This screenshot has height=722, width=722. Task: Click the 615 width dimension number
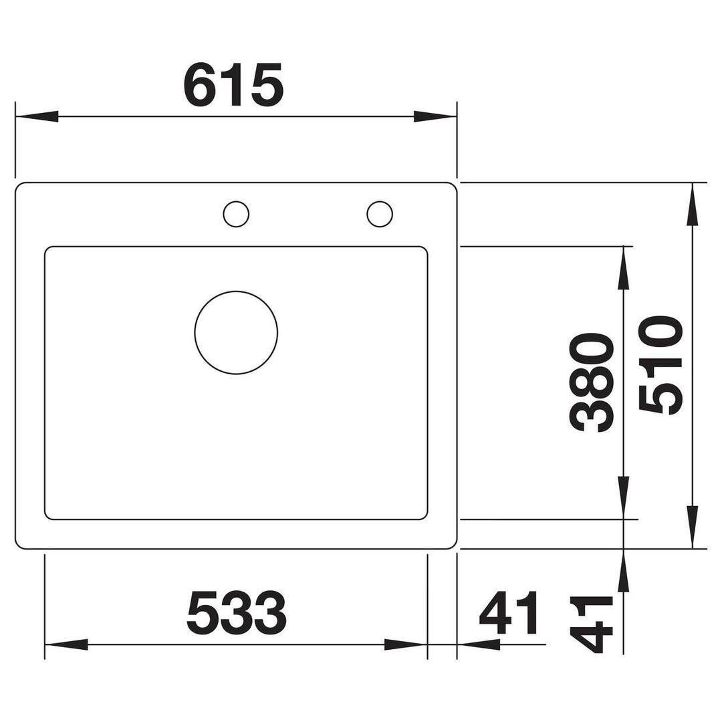click(x=233, y=84)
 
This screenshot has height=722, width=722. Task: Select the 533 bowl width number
click(x=237, y=613)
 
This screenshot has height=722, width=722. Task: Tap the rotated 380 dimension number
click(x=592, y=382)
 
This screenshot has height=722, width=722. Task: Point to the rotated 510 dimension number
click(x=660, y=365)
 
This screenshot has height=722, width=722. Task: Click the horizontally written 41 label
click(x=509, y=613)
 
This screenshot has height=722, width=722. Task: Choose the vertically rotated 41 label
click(x=592, y=624)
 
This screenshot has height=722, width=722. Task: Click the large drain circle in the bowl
click(x=236, y=291)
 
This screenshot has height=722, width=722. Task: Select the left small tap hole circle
click(x=236, y=201)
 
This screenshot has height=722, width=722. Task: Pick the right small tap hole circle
click(x=380, y=201)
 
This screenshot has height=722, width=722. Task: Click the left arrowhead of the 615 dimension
click(x=37, y=116)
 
